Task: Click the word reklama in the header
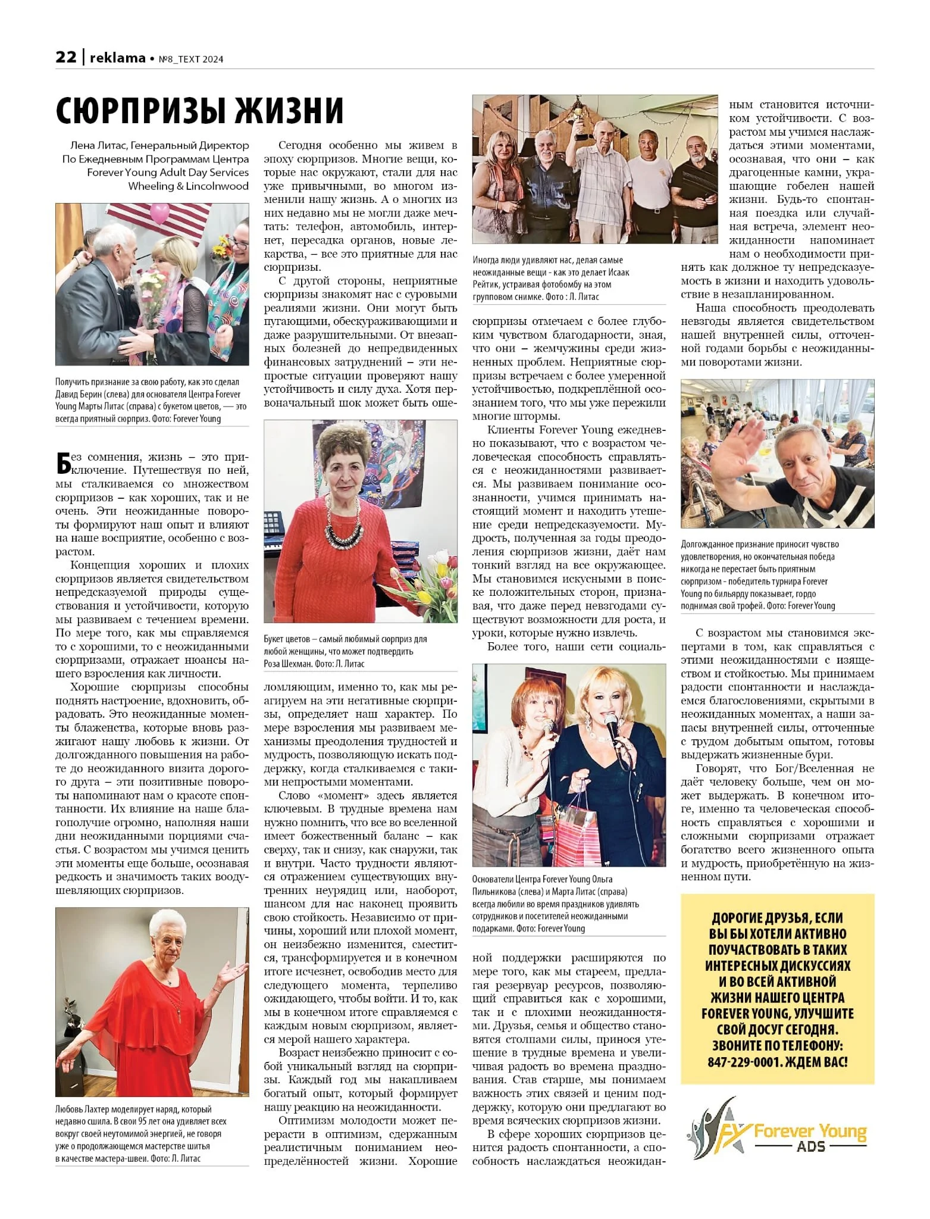117,58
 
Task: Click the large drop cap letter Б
64,463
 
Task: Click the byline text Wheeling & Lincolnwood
188,186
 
